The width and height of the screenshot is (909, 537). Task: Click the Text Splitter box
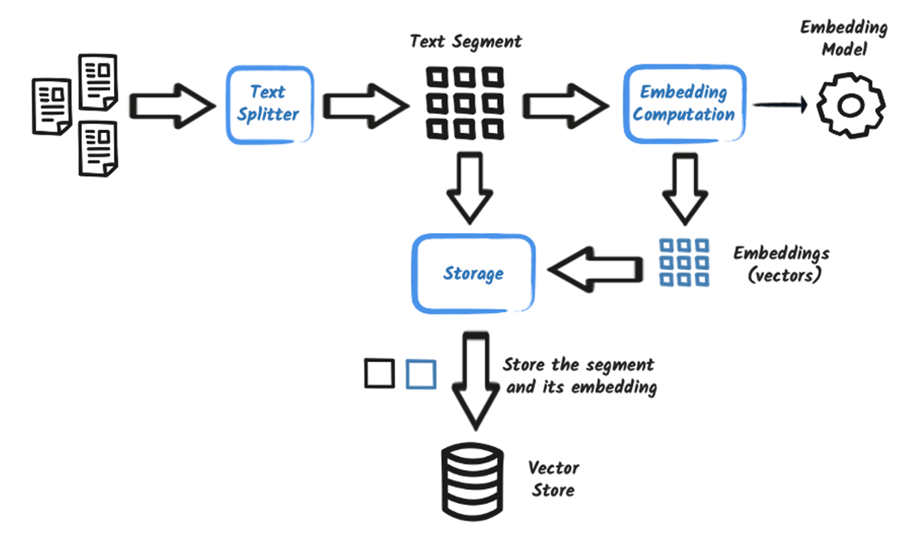pyautogui.click(x=269, y=103)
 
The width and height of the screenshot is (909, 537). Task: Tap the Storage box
pyautogui.click(x=474, y=273)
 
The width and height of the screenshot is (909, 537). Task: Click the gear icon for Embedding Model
pyautogui.click(x=851, y=105)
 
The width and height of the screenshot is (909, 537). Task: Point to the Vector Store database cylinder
pyautogui.click(x=470, y=479)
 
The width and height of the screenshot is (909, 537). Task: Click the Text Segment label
pyautogui.click(x=466, y=41)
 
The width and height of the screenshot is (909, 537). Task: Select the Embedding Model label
pyautogui.click(x=843, y=38)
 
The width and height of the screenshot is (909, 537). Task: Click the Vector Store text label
pyautogui.click(x=554, y=479)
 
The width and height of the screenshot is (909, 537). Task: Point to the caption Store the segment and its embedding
pyautogui.click(x=578, y=375)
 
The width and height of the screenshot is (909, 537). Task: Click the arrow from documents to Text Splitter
pyautogui.click(x=169, y=104)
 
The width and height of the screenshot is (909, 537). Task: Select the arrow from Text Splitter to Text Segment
pyautogui.click(x=364, y=104)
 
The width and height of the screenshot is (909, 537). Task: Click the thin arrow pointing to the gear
pyautogui.click(x=781, y=104)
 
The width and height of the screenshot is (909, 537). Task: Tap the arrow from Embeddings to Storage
pyautogui.click(x=595, y=268)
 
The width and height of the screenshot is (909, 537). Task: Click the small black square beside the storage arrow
pyautogui.click(x=379, y=374)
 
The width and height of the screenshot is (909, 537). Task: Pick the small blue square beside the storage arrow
pyautogui.click(x=421, y=374)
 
